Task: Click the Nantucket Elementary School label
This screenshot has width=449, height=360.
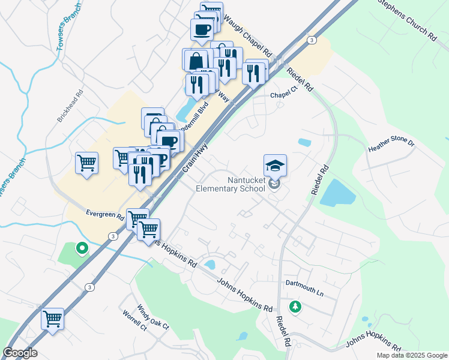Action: [231, 184]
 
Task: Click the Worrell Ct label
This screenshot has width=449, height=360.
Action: [134, 321]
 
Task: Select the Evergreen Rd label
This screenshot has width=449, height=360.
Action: [104, 213]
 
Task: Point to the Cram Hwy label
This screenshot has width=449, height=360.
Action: [193, 164]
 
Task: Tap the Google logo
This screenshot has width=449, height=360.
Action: [20, 353]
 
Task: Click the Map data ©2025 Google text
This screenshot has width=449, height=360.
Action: [412, 355]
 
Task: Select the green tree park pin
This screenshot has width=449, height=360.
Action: [295, 307]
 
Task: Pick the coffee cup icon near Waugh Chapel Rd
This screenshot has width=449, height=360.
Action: [202, 29]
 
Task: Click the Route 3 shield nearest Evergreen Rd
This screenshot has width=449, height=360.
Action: [113, 236]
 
